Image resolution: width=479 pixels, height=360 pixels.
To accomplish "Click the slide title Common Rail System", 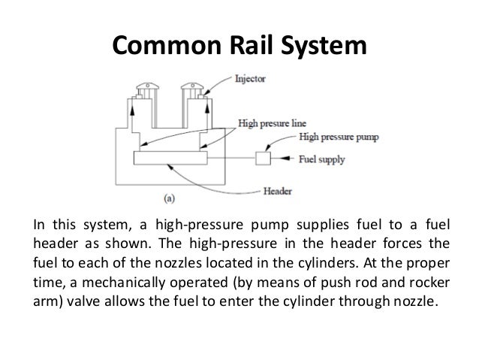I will click(x=239, y=47).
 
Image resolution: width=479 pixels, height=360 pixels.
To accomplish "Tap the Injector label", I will click(x=251, y=77).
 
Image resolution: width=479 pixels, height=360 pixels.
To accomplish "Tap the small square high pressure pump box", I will click(x=263, y=159).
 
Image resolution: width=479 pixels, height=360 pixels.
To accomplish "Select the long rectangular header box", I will click(x=170, y=159).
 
